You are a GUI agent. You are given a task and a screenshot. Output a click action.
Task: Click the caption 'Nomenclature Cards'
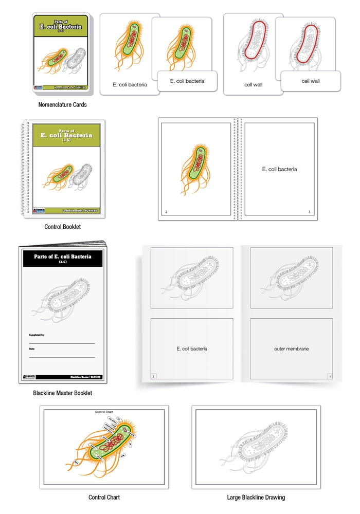(x=63, y=104)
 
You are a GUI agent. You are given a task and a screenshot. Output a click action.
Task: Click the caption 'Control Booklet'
(x=63, y=226)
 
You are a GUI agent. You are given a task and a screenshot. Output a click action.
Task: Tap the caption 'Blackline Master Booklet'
(x=63, y=393)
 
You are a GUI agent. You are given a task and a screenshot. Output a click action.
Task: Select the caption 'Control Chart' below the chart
(x=104, y=497)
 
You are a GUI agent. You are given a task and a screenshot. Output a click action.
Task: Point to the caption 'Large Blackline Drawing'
(x=256, y=497)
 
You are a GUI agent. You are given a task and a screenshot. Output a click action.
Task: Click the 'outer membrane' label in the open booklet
(x=291, y=348)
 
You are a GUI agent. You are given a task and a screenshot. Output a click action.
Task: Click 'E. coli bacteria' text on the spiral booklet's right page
(x=279, y=169)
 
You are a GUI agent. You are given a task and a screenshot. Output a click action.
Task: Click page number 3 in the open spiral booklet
(x=309, y=211)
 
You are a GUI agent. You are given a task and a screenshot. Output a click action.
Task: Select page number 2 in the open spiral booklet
(x=166, y=211)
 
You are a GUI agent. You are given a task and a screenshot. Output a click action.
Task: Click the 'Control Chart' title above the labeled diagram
(x=104, y=412)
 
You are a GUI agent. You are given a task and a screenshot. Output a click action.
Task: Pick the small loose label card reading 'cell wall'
(x=311, y=81)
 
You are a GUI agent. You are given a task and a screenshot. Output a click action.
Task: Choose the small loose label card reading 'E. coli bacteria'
(x=187, y=81)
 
